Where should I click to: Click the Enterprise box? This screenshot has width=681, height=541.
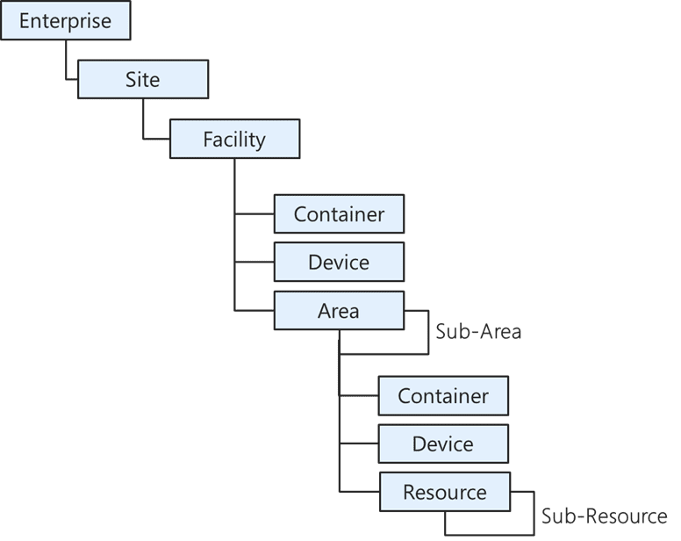pyautogui.click(x=65, y=21)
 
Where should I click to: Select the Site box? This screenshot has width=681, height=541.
pyautogui.click(x=143, y=80)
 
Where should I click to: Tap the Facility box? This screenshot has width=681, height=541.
pyautogui.click(x=234, y=139)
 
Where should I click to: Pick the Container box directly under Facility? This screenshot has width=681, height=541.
pyautogui.click(x=339, y=213)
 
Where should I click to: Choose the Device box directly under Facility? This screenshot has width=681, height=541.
pyautogui.click(x=339, y=262)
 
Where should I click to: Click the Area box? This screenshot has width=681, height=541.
pyautogui.click(x=339, y=311)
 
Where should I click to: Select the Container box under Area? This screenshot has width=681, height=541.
pyautogui.click(x=443, y=396)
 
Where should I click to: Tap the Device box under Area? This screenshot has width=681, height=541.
pyautogui.click(x=443, y=444)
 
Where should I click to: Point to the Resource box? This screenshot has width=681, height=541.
pyautogui.click(x=444, y=493)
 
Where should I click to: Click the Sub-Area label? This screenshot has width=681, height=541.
pyautogui.click(x=478, y=332)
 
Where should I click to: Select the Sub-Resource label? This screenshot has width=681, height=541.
pyautogui.click(x=604, y=516)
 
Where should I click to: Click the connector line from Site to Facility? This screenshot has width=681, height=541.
pyautogui.click(x=144, y=123)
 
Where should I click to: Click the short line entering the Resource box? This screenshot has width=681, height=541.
pyautogui.click(x=359, y=491)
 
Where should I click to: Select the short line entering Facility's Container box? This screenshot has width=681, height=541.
pyautogui.click(x=254, y=213)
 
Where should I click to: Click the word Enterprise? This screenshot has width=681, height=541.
pyautogui.click(x=65, y=21)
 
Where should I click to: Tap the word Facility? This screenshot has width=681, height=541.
pyautogui.click(x=234, y=139)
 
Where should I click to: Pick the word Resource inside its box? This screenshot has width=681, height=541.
pyautogui.click(x=444, y=493)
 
